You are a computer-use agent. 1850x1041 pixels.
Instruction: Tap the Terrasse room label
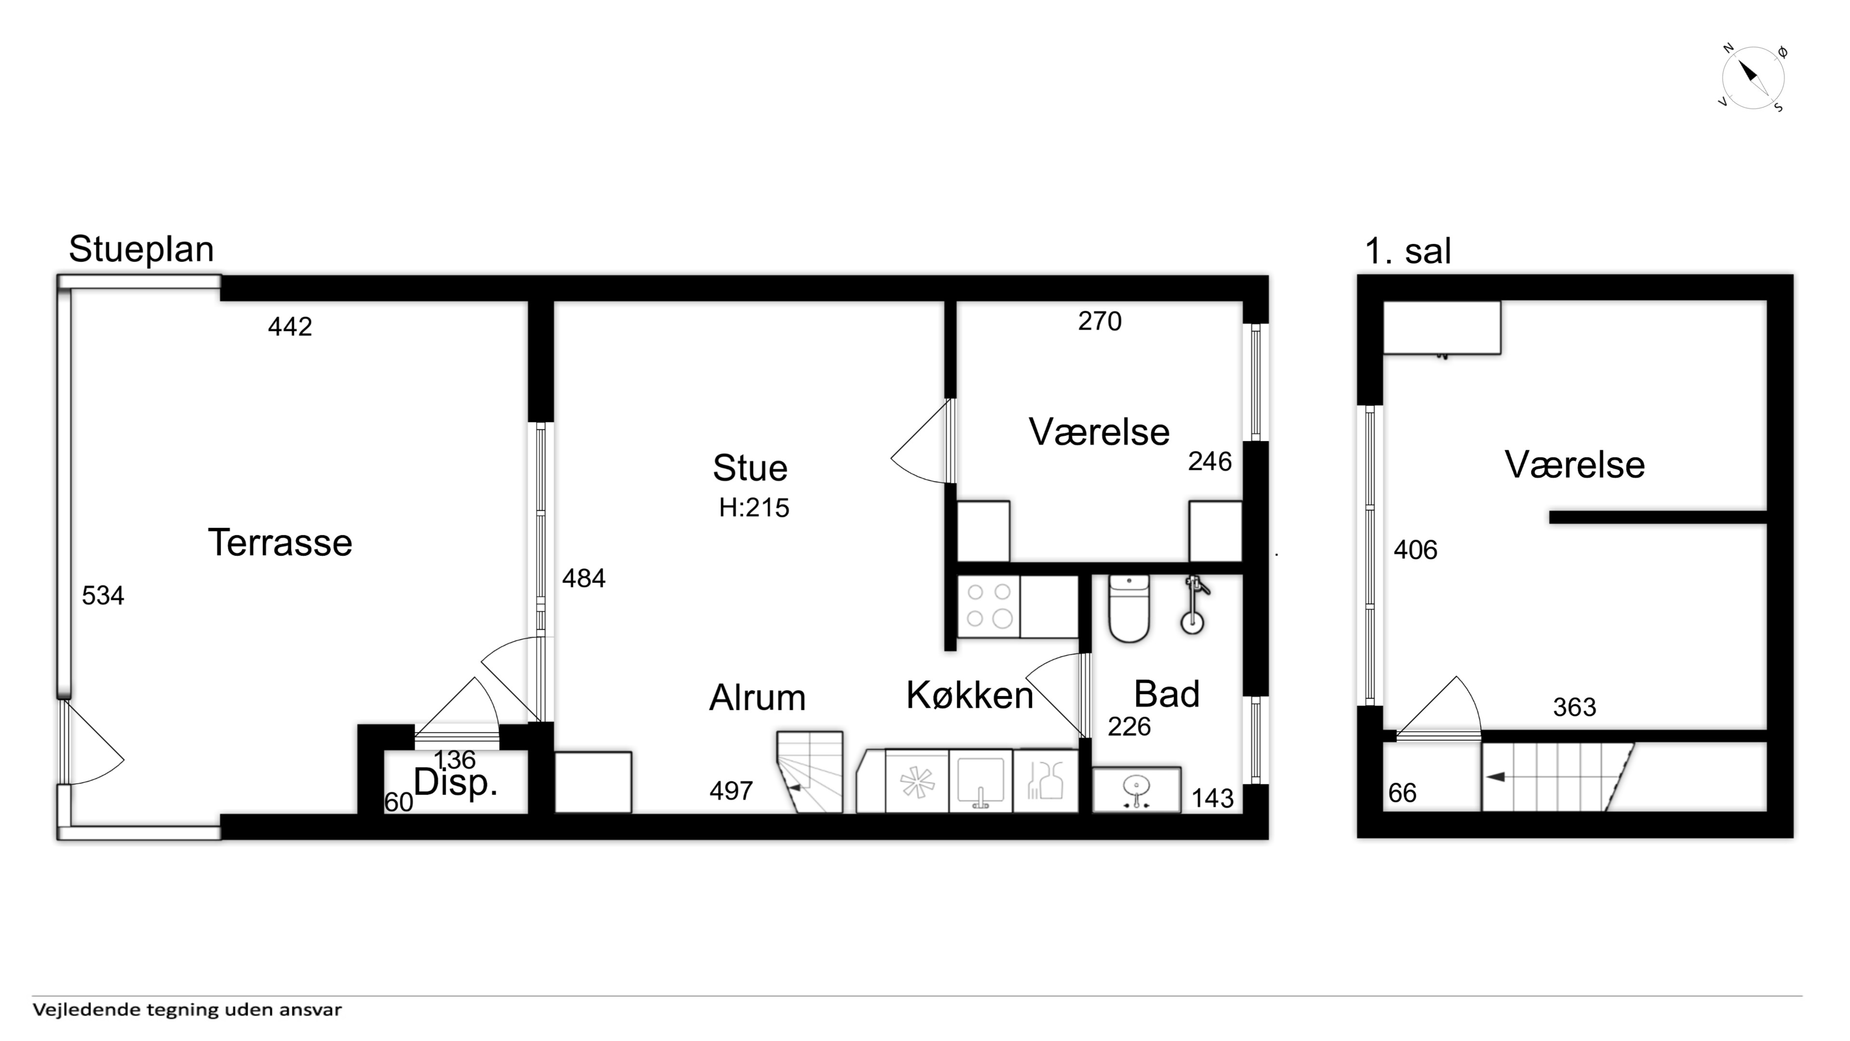click(x=280, y=542)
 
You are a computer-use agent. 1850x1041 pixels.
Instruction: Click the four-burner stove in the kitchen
click(x=989, y=606)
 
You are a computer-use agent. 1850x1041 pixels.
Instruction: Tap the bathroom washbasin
click(x=1136, y=789)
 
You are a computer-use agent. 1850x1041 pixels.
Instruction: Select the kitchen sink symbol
click(x=980, y=781)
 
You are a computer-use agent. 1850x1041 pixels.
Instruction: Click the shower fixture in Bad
click(x=1194, y=605)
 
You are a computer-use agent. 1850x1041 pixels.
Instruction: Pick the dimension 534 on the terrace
click(x=103, y=596)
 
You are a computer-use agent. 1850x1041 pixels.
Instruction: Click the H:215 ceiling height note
click(x=754, y=508)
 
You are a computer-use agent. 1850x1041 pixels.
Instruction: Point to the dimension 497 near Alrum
click(x=731, y=791)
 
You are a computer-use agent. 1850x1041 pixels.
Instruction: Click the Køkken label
click(x=969, y=695)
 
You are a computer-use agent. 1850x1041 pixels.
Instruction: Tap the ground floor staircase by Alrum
click(x=810, y=772)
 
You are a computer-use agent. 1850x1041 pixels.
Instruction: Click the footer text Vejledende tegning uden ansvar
click(x=187, y=1009)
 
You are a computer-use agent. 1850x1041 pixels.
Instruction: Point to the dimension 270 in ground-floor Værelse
click(x=1099, y=321)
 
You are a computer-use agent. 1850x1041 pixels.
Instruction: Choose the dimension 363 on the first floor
click(x=1575, y=707)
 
